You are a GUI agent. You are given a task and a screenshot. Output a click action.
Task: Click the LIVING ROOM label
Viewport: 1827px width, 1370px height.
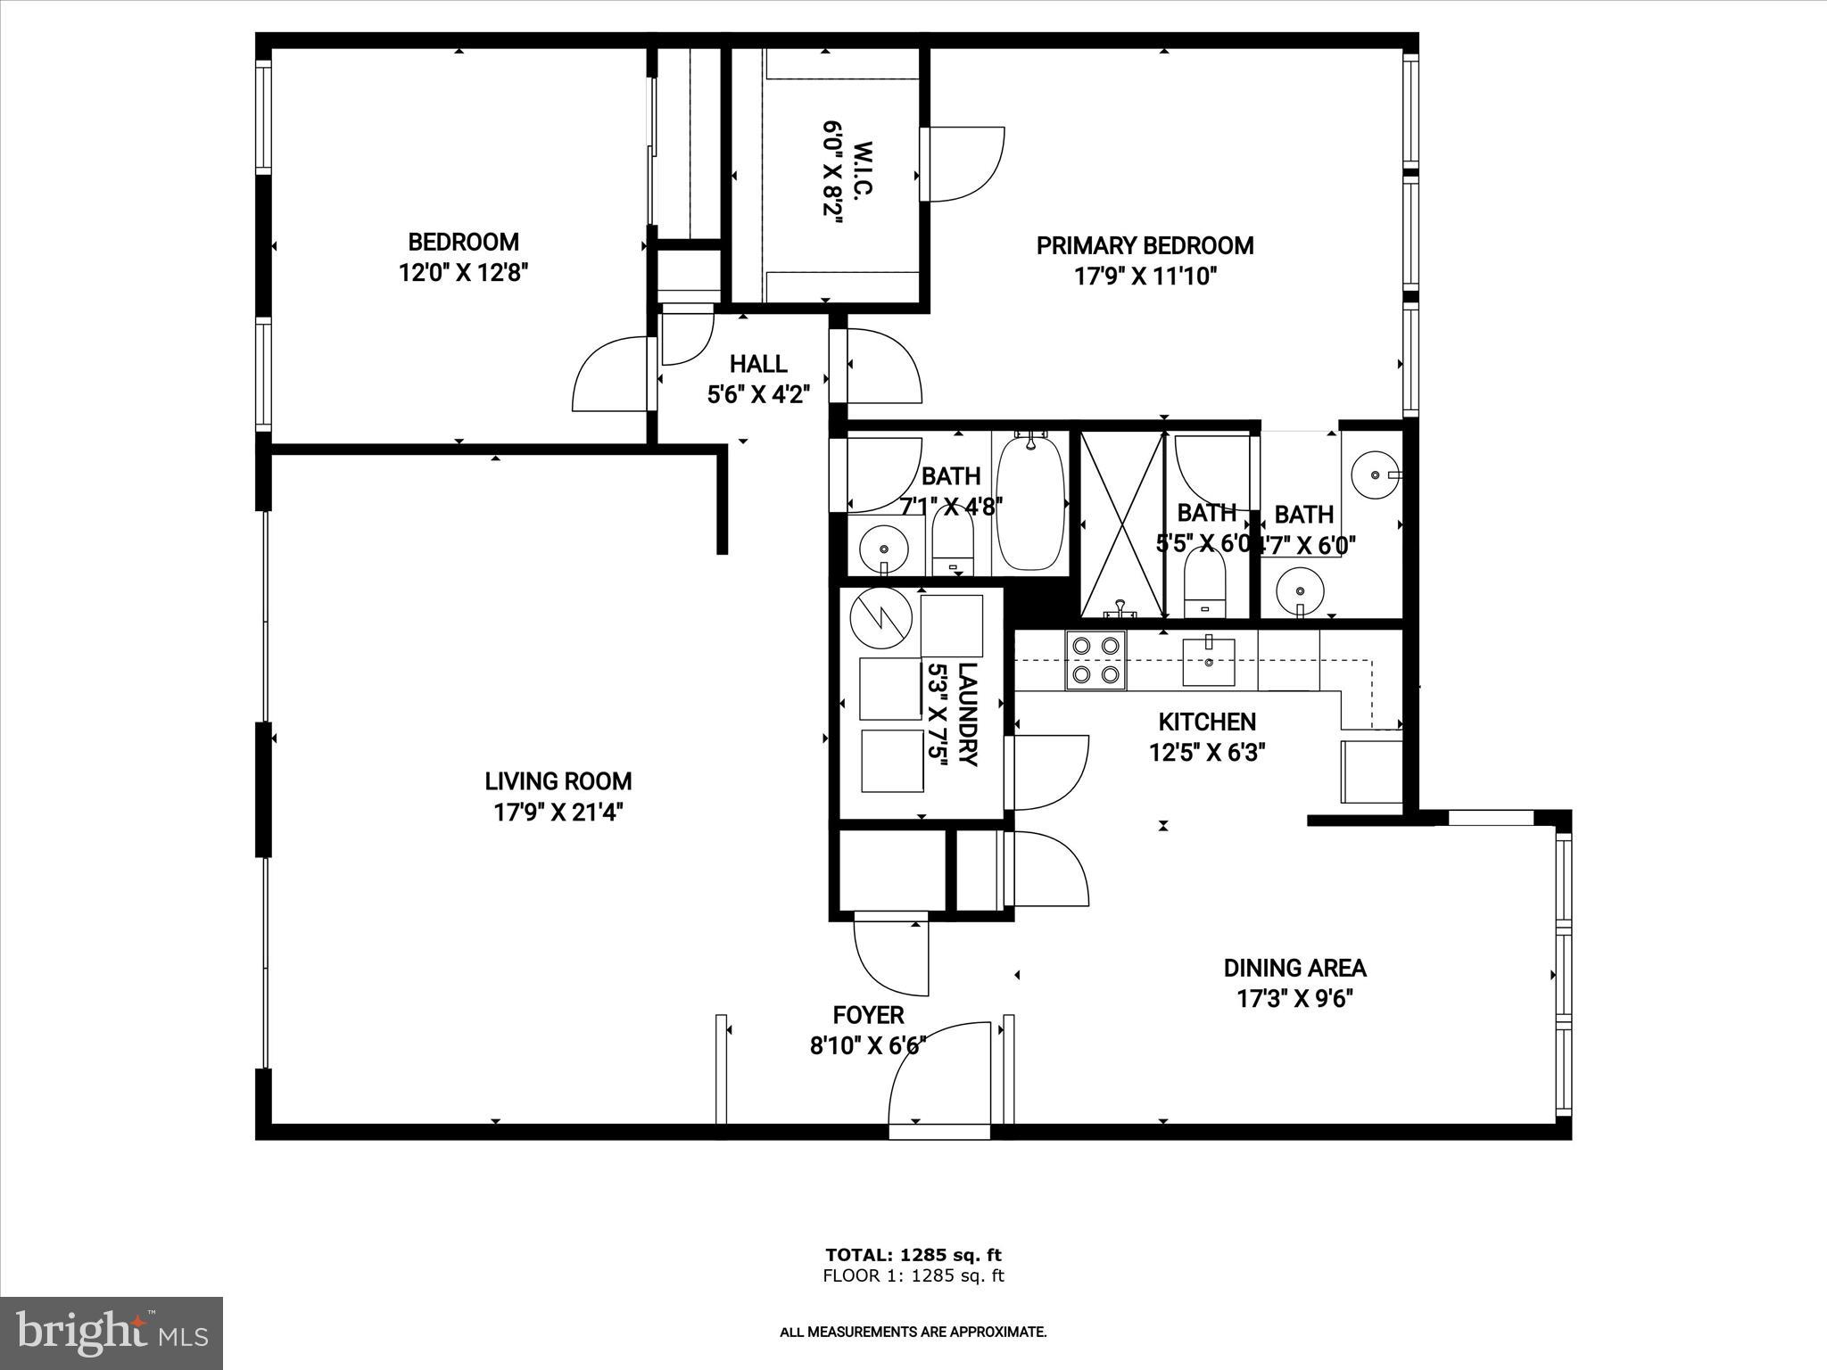coord(558,781)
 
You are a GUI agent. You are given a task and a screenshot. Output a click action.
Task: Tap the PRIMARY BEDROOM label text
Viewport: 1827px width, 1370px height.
coord(1145,245)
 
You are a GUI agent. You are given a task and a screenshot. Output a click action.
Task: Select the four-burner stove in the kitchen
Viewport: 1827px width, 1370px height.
coord(1096,660)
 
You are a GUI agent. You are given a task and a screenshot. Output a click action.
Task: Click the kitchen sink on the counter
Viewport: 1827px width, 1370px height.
coord(1209,661)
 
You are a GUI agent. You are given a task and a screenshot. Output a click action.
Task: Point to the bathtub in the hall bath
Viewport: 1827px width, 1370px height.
coord(1031,503)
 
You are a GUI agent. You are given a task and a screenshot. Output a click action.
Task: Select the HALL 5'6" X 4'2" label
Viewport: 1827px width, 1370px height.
coord(758,379)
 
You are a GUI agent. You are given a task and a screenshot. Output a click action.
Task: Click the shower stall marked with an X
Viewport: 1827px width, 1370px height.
coord(1123,525)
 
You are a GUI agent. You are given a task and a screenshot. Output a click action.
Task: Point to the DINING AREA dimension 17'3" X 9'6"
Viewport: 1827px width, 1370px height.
coord(1294,998)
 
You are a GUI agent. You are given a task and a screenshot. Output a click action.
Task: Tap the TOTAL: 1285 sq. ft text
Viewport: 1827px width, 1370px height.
coord(913,1256)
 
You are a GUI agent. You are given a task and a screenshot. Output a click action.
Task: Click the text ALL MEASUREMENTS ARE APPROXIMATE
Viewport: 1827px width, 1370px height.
coord(913,1333)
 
